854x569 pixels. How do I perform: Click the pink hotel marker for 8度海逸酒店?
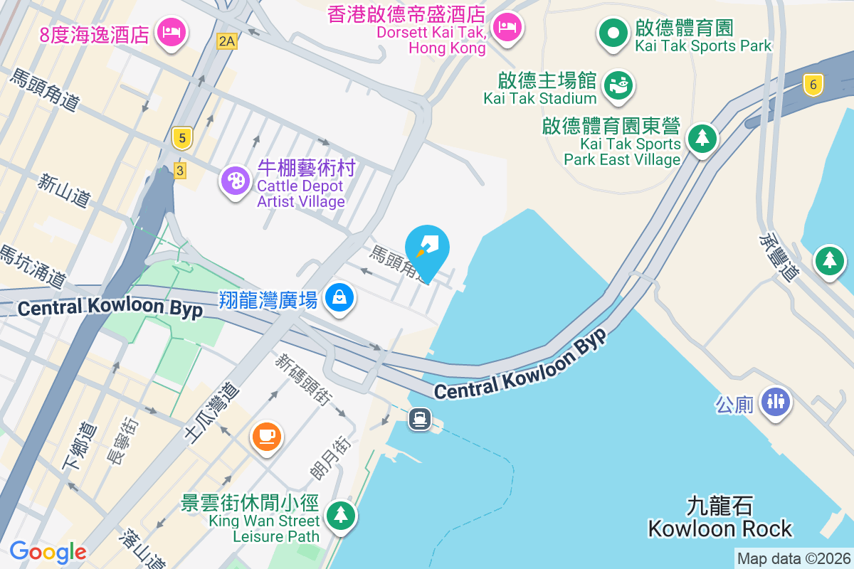click(x=171, y=32)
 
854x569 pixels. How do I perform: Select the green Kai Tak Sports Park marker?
click(x=611, y=32)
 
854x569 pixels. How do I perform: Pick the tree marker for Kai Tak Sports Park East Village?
click(x=702, y=137)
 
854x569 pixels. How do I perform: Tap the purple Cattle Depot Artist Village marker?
click(x=235, y=180)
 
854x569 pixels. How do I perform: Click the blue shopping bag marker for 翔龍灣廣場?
click(x=339, y=297)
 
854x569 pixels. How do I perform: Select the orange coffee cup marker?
click(x=267, y=435)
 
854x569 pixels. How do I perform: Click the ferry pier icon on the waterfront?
click(x=419, y=419)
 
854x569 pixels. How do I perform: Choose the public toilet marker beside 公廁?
click(x=775, y=401)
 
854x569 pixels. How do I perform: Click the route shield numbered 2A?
click(x=227, y=41)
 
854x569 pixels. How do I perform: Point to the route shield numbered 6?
click(x=813, y=85)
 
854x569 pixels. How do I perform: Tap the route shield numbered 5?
click(x=182, y=138)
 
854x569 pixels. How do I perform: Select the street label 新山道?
click(x=65, y=191)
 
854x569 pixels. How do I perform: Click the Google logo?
click(x=48, y=551)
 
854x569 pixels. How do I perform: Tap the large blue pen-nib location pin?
click(x=427, y=250)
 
